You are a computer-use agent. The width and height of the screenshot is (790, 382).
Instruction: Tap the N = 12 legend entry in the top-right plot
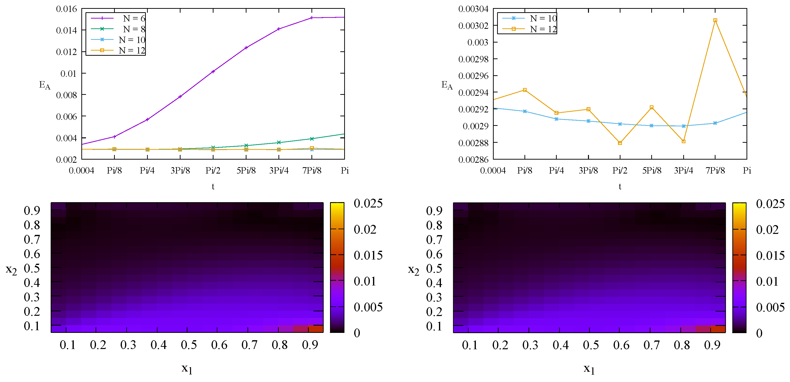pos(543,29)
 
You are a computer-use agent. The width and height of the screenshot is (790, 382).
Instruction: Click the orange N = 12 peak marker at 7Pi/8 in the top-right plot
pos(715,20)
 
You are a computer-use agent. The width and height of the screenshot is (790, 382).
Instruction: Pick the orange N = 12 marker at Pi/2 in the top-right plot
pos(620,143)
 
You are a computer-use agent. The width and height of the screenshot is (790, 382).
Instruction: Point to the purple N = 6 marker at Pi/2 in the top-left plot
pos(213,72)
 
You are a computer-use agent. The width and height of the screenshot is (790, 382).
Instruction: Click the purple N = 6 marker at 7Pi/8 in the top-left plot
pos(312,18)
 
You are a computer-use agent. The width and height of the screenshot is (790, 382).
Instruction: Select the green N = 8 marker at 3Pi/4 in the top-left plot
pos(279,142)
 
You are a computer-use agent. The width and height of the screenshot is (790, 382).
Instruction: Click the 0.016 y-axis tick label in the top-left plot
pos(66,9)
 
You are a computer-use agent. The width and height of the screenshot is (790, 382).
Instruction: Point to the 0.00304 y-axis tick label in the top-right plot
pos(473,9)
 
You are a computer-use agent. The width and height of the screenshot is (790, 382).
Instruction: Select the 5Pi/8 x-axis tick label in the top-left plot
pos(246,171)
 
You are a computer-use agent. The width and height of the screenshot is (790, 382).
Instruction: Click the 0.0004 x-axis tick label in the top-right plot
pos(493,171)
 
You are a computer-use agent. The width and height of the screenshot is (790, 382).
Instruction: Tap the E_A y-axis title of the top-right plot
pos(447,85)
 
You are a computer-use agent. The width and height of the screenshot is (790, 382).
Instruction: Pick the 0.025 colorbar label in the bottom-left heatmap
pos(368,203)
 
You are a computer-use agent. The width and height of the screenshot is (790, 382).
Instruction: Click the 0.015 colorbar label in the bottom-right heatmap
pos(770,256)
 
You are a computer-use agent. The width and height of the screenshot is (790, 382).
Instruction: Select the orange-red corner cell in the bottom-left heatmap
pos(316,329)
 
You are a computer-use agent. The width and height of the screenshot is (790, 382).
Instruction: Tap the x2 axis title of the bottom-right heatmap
pos(413,270)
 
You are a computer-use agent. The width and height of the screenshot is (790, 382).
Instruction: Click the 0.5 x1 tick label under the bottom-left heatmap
pos(189,345)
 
